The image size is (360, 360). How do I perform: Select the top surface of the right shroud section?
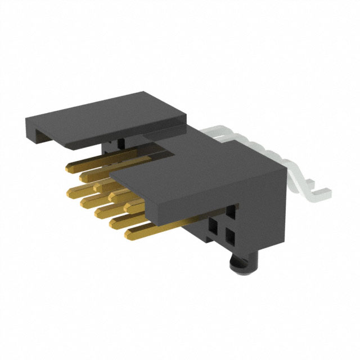(x=180, y=169)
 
